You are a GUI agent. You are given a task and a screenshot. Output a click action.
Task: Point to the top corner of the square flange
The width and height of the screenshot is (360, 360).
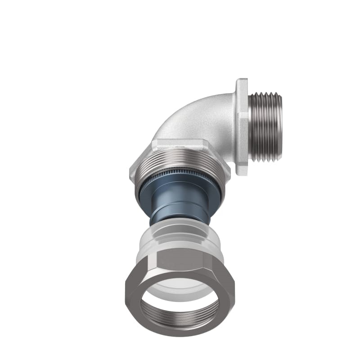pos(242,80)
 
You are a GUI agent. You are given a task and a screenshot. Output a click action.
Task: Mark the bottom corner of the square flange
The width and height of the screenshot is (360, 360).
pos(243,175)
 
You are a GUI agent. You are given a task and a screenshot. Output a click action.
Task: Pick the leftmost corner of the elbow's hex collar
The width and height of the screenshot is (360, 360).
pos(130,171)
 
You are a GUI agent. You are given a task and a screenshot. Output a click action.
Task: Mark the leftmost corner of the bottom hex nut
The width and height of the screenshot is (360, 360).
pos(124,288)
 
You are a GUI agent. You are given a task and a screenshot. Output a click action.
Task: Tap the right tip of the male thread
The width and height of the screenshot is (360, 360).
pos(282,127)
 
